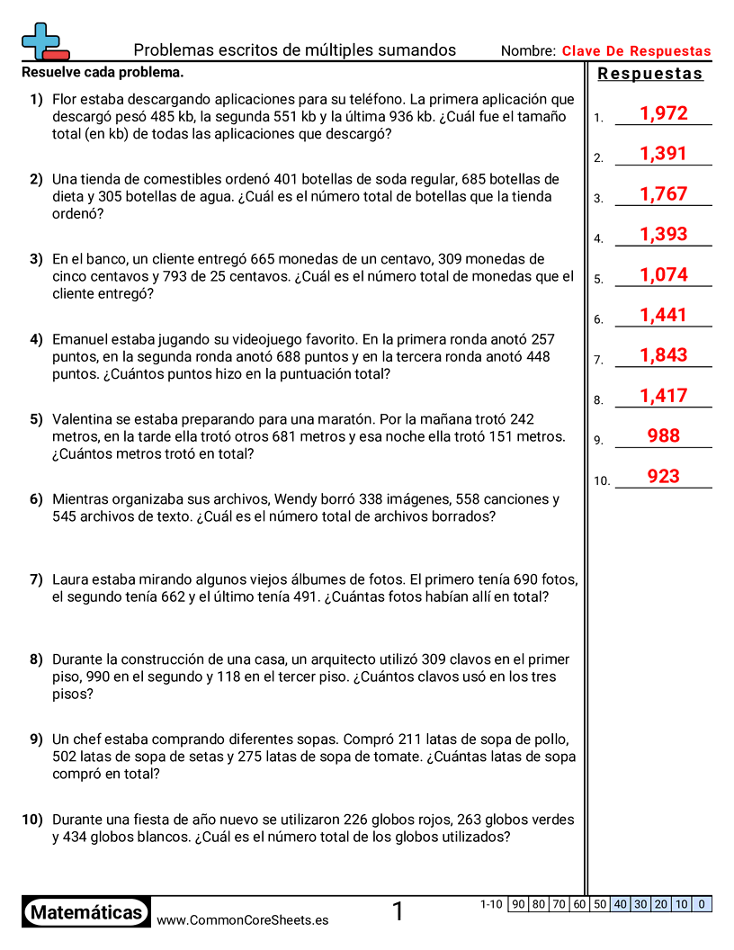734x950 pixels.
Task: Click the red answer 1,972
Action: point(663,113)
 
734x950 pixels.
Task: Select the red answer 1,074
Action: point(663,274)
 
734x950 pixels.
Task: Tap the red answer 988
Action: point(663,435)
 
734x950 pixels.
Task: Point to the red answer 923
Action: point(663,476)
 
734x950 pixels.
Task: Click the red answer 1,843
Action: point(663,355)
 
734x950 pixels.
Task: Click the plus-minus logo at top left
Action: point(43,40)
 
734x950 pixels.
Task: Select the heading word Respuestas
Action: point(650,74)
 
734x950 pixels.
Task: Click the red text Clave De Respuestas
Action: point(636,51)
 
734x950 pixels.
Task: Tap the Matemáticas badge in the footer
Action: point(86,912)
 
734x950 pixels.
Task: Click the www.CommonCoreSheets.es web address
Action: point(242,919)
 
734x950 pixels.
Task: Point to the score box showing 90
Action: point(518,904)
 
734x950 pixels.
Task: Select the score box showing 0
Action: point(702,904)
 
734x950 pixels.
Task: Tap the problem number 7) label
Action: point(36,579)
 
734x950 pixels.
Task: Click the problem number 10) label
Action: point(32,820)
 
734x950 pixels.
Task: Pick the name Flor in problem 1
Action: point(67,99)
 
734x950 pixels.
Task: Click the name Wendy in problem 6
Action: point(294,499)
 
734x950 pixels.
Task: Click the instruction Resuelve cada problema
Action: point(103,72)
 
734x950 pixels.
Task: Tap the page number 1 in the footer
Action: point(398,912)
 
